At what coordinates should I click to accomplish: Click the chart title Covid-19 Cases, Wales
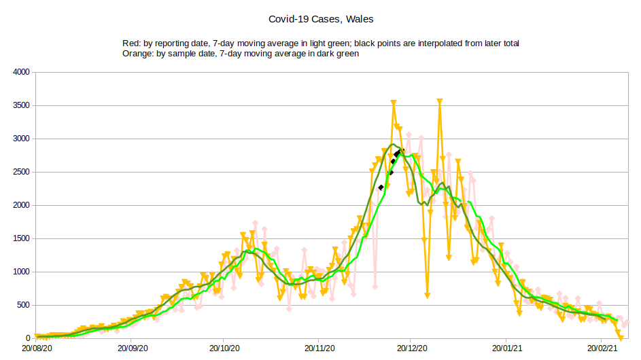tap(321, 19)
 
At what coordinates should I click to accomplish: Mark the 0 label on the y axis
tap(28, 338)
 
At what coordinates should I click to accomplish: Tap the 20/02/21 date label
tap(601, 347)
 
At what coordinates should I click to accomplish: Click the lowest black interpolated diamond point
tap(381, 187)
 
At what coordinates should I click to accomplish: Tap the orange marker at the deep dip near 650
tap(428, 295)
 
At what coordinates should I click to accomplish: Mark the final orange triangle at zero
tap(620, 337)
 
